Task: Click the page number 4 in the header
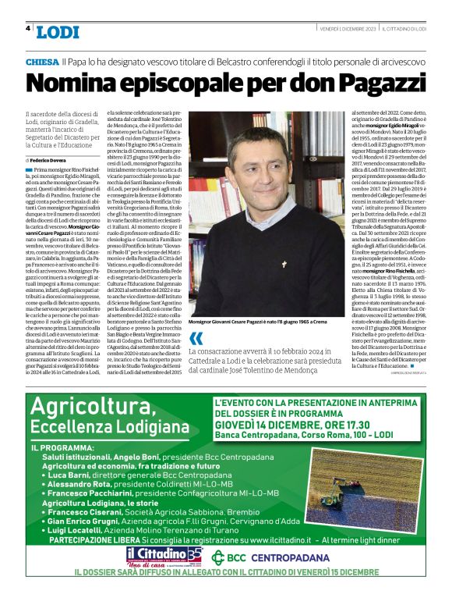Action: coord(27,29)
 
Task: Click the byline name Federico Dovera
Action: coord(54,159)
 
